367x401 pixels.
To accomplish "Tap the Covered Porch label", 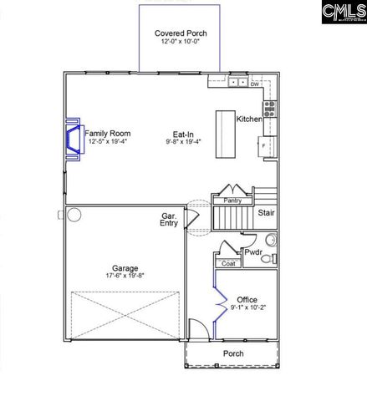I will [181, 34].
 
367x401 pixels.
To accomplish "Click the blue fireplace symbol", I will [73, 135].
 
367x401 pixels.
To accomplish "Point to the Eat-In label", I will [184, 133].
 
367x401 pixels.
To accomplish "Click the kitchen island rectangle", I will [225, 135].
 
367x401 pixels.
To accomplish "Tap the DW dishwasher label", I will [255, 84].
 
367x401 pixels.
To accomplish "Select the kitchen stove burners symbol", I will [270, 107].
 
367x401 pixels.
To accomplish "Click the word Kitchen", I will [250, 119].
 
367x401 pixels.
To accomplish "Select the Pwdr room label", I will [252, 251].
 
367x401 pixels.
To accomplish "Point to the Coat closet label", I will [227, 263].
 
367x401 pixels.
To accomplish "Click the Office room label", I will [247, 299].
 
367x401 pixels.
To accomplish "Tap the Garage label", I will [125, 268].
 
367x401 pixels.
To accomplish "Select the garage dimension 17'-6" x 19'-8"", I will [125, 277].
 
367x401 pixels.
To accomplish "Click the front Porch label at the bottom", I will [233, 353].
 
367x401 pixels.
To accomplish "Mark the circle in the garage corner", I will [74, 216].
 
